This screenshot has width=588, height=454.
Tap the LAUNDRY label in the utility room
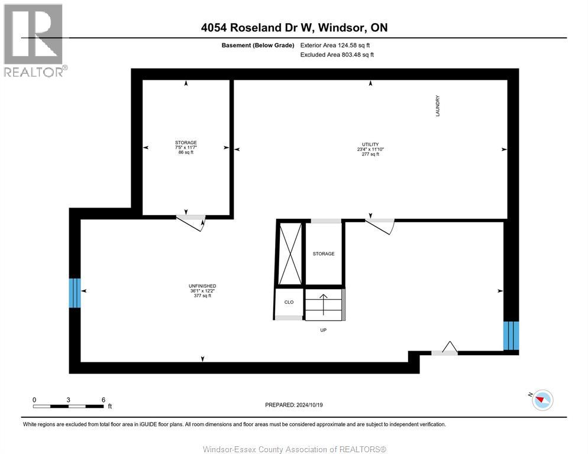click(x=438, y=106)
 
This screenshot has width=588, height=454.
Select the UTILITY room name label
click(x=370, y=144)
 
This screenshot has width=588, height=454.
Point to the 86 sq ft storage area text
click(x=186, y=153)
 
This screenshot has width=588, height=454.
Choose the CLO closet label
click(x=289, y=302)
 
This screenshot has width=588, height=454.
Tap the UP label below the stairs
click(x=323, y=330)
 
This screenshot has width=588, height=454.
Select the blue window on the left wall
click(x=75, y=293)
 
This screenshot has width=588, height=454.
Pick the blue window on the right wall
click(x=511, y=335)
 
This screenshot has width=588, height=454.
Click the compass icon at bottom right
click(x=542, y=400)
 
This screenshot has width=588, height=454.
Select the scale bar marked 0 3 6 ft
click(x=69, y=406)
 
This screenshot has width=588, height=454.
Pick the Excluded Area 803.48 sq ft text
click(x=337, y=54)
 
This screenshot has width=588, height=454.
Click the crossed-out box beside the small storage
click(x=290, y=253)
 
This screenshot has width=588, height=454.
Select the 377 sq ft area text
click(x=202, y=296)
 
